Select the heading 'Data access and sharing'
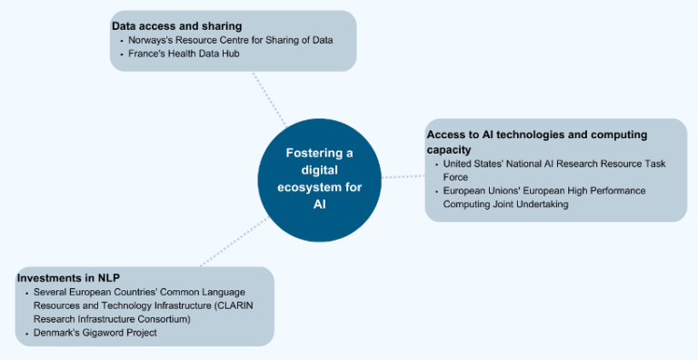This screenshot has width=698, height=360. pos(176,25)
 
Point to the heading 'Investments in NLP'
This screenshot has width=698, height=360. pos(69,277)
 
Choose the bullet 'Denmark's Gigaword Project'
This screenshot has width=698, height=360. pos(95,333)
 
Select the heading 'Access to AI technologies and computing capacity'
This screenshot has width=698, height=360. pos(536,142)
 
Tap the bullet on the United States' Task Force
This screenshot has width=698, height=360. pos(553,170)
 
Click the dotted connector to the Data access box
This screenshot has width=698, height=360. pos(269,99)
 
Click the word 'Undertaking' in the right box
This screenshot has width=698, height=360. pos(543,205)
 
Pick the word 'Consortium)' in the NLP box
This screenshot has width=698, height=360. pos(163,319)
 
